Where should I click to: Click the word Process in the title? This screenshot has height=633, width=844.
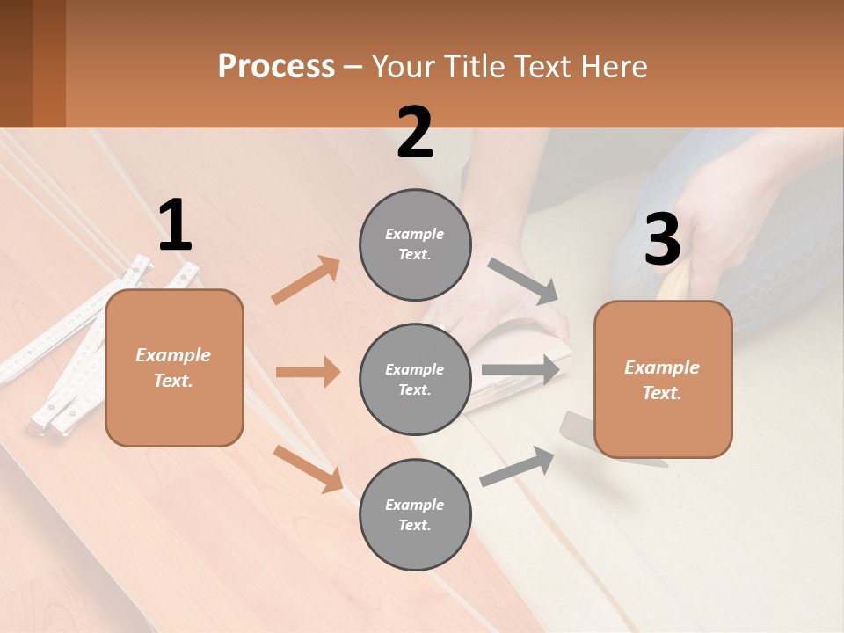[276, 66]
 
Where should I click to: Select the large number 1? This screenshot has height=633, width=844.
[175, 226]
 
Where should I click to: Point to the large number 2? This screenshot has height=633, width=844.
[415, 134]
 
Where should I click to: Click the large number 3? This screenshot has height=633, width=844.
[662, 240]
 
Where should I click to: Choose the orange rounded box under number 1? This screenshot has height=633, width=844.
[174, 367]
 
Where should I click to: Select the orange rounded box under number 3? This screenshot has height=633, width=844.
[663, 379]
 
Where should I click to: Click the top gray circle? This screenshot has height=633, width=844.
[415, 244]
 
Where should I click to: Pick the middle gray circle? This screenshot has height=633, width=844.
[415, 379]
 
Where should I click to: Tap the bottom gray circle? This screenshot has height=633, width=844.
[415, 514]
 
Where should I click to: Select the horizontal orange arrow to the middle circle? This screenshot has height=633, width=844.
[308, 372]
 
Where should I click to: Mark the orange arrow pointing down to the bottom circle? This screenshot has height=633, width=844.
[309, 469]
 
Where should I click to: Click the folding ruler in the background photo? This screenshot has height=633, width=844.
[79, 343]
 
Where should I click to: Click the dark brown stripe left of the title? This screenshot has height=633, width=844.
[16, 63]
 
